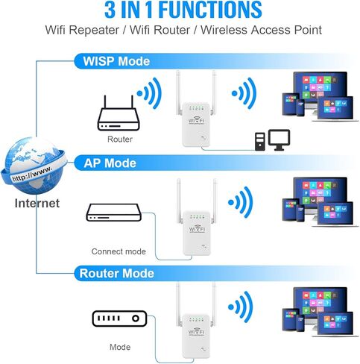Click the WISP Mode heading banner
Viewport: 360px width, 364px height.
115,60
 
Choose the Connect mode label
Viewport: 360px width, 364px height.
119,251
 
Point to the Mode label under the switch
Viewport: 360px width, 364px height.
119,347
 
